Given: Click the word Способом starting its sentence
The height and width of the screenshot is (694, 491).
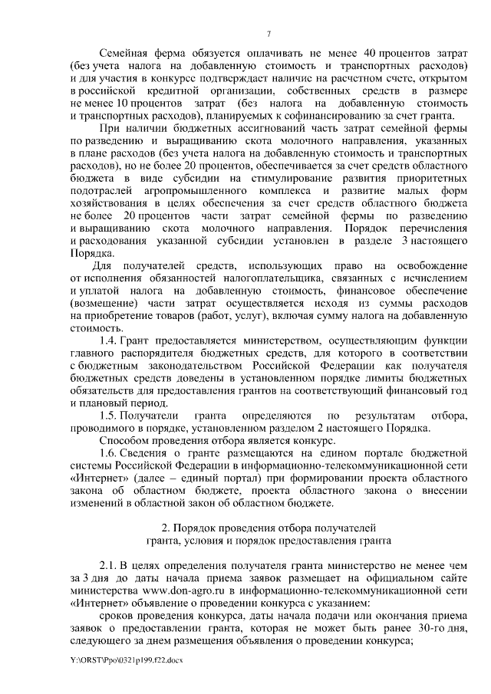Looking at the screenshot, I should [126, 442].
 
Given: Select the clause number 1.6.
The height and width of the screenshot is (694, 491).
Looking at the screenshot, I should [110, 456].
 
